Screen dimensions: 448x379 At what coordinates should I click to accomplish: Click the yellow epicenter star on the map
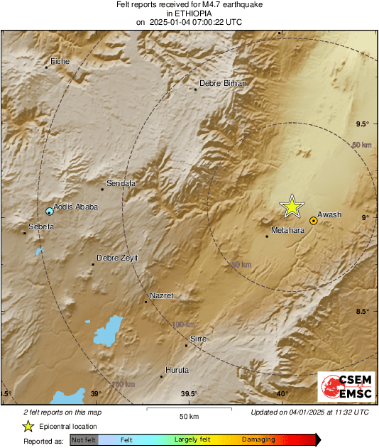click(x=292, y=206)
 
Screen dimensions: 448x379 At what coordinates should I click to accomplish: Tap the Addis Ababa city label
click(x=75, y=207)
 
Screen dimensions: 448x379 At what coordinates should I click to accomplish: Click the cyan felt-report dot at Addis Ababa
click(x=50, y=212)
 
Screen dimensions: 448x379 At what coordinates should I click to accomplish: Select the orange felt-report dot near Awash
click(x=313, y=221)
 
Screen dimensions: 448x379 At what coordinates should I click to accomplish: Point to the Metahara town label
click(x=289, y=230)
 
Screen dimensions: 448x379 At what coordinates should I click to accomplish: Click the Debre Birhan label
click(x=222, y=83)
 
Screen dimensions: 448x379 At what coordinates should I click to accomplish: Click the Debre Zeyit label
click(x=117, y=258)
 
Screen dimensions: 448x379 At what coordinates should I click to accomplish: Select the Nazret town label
click(x=161, y=295)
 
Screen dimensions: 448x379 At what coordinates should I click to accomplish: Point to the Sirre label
click(x=199, y=339)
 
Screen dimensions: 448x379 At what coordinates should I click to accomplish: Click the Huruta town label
click(x=177, y=370)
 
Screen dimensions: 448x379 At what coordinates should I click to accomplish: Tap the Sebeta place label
click(x=40, y=226)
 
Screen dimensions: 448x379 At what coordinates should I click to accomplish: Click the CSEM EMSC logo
click(x=342, y=388)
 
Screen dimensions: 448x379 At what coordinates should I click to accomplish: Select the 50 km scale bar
click(x=188, y=409)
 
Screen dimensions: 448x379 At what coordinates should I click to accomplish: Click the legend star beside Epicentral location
click(x=28, y=426)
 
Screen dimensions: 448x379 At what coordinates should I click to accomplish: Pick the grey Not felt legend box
click(x=84, y=439)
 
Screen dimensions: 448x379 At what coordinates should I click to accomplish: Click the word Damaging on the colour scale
click(x=258, y=439)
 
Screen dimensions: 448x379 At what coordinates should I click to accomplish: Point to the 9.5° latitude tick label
click(x=362, y=124)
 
